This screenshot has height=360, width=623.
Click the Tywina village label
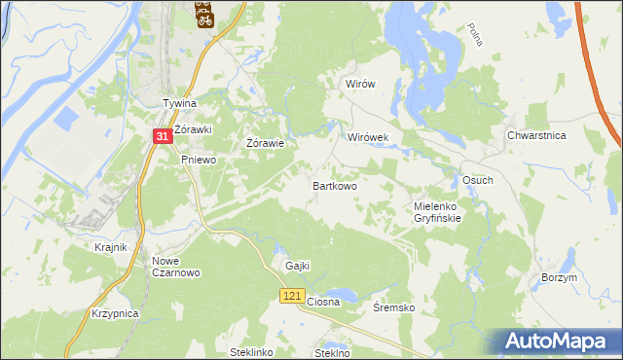[179, 103]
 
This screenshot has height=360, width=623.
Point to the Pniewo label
[198, 160]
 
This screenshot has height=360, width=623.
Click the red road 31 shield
[163, 139]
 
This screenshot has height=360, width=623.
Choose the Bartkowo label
[334, 185]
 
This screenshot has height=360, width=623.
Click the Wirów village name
[360, 84]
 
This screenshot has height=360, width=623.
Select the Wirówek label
[368, 138]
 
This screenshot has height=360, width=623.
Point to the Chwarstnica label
[536, 136]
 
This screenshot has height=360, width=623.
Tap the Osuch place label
[477, 181]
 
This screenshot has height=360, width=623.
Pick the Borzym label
[559, 277]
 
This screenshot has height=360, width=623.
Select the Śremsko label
[394, 307]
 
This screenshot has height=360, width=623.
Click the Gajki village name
[297, 266]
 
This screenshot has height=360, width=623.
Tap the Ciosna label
[323, 302]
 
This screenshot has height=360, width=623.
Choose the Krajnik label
[111, 247]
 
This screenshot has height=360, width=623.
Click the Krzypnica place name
[116, 313]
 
